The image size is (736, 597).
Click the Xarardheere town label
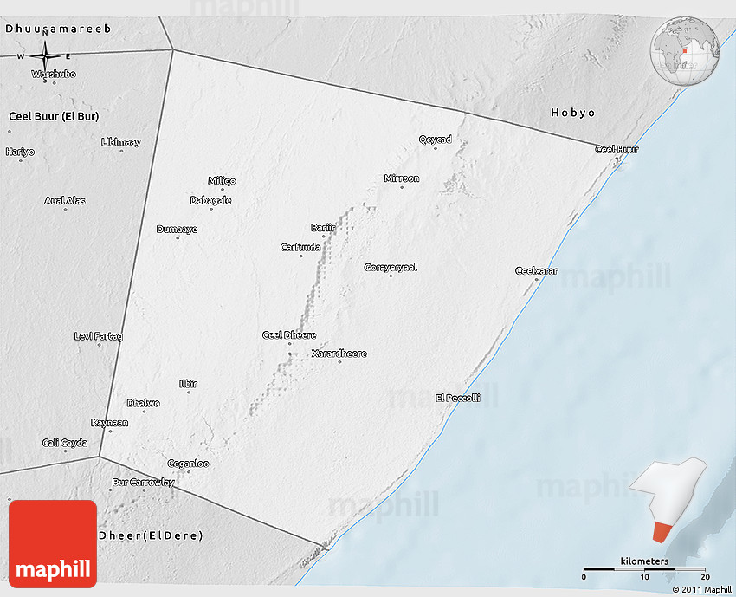coord(339,354)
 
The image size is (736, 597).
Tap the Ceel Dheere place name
coord(289,335)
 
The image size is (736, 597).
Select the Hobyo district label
coord(573,114)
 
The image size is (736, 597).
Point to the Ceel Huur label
coord(617,150)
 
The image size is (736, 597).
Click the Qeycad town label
coord(435,140)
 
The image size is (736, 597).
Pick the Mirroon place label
coord(401,178)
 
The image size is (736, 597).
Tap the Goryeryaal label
coord(391,267)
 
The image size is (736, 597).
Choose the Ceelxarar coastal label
coord(536,271)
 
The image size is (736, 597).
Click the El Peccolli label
coord(457,398)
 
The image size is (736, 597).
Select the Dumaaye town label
coord(177,230)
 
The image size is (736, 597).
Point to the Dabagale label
coord(210,200)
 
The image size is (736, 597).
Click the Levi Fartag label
coord(99,336)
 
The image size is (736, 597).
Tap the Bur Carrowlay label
coord(143,483)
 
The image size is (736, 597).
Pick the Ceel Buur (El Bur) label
coord(53,116)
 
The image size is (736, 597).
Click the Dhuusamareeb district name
coord(58,29)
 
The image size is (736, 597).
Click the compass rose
coord(44,57)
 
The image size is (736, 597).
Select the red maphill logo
coord(53,544)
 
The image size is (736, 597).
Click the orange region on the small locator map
coord(662,529)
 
